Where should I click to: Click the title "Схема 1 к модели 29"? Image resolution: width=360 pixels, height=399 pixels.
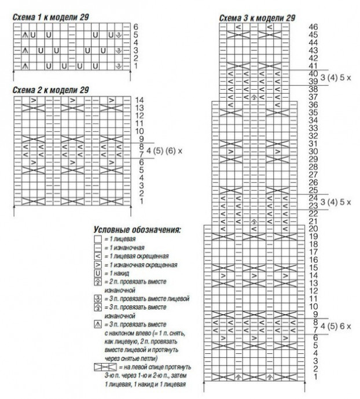click(51, 17)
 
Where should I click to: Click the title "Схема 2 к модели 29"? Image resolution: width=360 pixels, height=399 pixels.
click(51, 90)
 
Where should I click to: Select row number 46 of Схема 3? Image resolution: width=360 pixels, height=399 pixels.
click(314, 27)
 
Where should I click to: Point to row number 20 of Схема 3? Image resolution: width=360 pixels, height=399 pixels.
click(314, 228)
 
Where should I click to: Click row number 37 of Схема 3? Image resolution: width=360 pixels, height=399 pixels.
click(314, 97)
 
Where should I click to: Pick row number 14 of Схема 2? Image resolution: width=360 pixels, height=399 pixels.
click(139, 100)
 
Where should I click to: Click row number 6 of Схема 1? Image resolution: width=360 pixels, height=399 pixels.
click(135, 27)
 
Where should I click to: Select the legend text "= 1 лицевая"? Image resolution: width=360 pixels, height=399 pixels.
click(119, 238)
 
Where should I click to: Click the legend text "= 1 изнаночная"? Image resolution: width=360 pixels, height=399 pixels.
click(123, 247)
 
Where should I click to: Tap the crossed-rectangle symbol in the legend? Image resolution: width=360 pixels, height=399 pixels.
click(104, 368)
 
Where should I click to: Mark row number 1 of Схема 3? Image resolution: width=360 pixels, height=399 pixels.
click(314, 377)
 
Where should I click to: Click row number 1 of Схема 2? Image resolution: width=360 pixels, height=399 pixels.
click(139, 201)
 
